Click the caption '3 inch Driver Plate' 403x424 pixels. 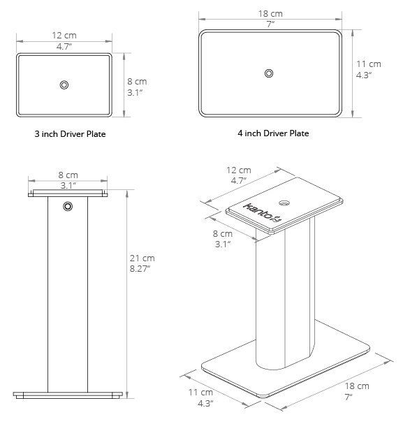pyautogui.click(x=64, y=133)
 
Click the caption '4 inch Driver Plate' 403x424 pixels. pyautogui.click(x=272, y=133)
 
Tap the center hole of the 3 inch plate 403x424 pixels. pyautogui.click(x=64, y=85)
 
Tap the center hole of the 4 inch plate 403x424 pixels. pyautogui.click(x=270, y=73)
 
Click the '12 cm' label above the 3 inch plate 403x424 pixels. pyautogui.click(x=64, y=36)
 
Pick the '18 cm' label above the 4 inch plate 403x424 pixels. pyautogui.click(x=270, y=13)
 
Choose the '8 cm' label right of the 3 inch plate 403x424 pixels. pyautogui.click(x=136, y=81)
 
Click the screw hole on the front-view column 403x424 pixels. pyautogui.click(x=68, y=206)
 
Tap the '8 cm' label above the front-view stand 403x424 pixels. pyautogui.click(x=67, y=175)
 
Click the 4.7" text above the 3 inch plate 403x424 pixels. pyautogui.click(x=64, y=45)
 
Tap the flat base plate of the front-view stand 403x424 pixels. pyautogui.click(x=68, y=395)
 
